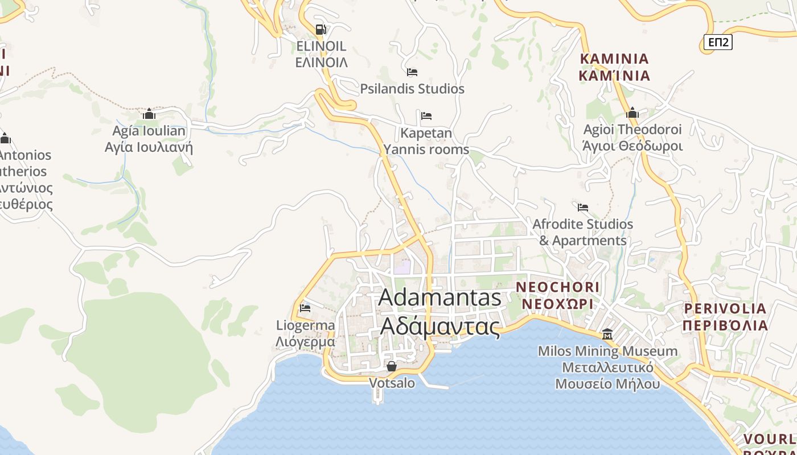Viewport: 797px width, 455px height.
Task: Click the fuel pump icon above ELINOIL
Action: (321, 29)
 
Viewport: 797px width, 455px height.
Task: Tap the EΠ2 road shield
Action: (717, 42)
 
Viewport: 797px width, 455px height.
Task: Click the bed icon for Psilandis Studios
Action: (412, 72)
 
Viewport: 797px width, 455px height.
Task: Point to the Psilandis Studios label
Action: (412, 89)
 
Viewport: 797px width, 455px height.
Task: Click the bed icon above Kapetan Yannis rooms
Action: (426, 116)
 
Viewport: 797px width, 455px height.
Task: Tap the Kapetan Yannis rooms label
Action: (426, 141)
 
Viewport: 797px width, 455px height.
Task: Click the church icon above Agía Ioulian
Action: (149, 114)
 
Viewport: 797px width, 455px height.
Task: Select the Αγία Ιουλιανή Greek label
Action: (149, 148)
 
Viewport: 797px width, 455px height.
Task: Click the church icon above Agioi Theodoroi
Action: (632, 113)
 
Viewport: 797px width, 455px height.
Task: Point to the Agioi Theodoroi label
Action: (632, 130)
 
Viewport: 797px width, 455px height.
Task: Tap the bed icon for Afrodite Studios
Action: (583, 208)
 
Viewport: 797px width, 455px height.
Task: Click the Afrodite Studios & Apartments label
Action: (583, 232)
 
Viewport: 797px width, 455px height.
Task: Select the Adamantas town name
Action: (440, 297)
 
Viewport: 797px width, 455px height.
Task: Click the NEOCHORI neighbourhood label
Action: (557, 287)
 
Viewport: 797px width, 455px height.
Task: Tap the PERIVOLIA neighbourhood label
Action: (725, 309)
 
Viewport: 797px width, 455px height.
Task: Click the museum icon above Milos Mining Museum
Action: (607, 334)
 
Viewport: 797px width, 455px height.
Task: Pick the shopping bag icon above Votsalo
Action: (392, 366)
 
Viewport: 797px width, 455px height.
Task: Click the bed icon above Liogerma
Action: (305, 308)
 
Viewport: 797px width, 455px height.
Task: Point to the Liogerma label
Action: (305, 325)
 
